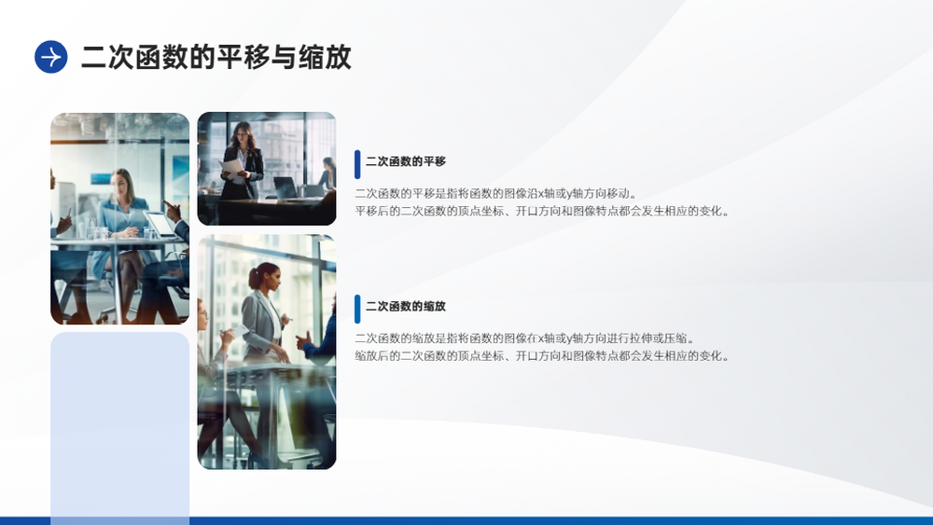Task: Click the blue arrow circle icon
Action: pyautogui.click(x=51, y=57)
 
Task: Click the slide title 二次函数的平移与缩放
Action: pyautogui.click(x=216, y=57)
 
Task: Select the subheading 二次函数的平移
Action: pyautogui.click(x=405, y=161)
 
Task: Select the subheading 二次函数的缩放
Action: pyautogui.click(x=405, y=307)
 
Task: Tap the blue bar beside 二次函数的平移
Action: pyautogui.click(x=357, y=164)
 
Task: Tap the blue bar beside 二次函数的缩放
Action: pyautogui.click(x=357, y=310)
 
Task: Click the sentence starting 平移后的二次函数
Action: pyautogui.click(x=542, y=211)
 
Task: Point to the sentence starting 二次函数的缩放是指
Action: pyautogui.click(x=524, y=338)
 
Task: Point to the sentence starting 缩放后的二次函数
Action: pyautogui.click(x=542, y=356)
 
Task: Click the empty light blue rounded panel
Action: pyautogui.click(x=119, y=428)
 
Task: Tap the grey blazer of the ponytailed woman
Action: pyautogui.click(x=262, y=324)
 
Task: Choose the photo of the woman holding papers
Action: pyautogui.click(x=267, y=169)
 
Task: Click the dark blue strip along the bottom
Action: pyautogui.click(x=466, y=521)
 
